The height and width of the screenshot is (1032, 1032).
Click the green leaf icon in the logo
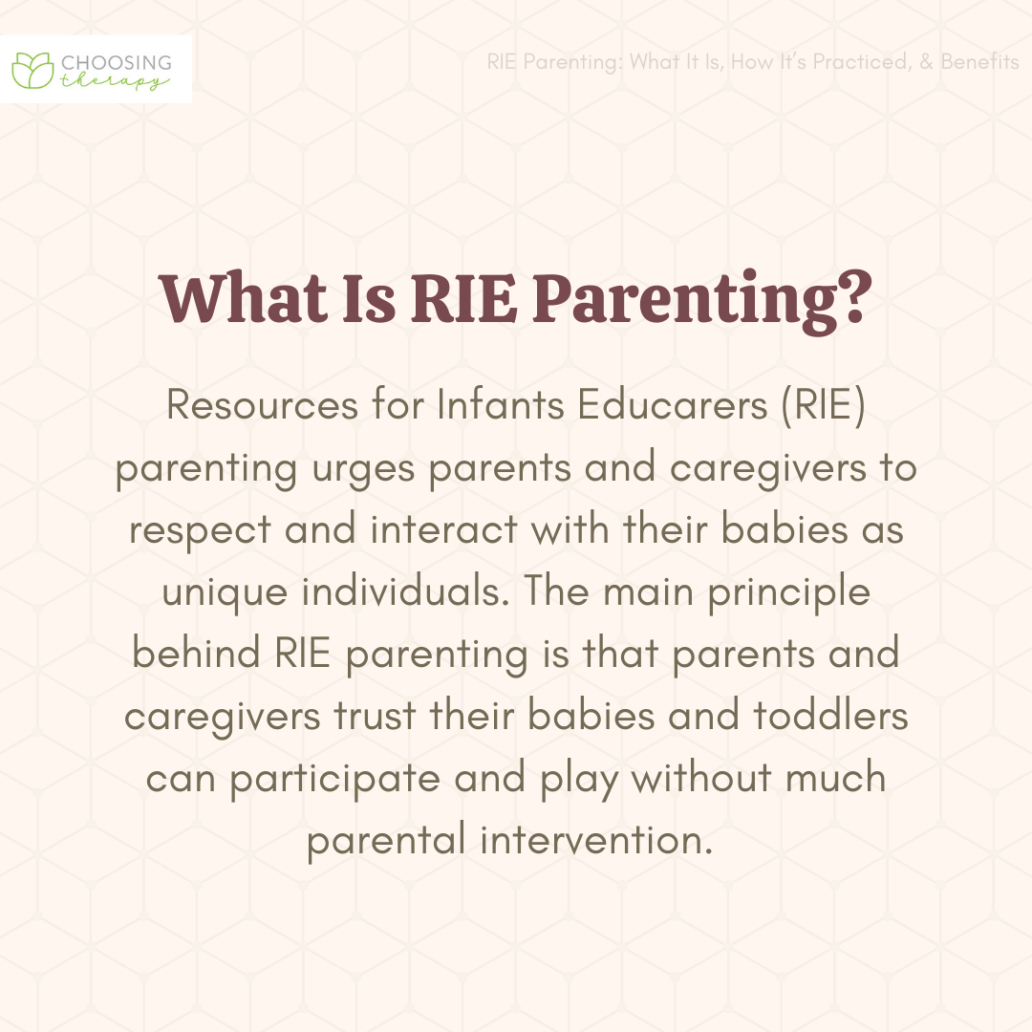coord(32,70)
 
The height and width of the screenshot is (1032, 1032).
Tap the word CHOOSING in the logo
coord(117,62)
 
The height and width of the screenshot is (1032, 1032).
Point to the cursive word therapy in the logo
coord(115,81)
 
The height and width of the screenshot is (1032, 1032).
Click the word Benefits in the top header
coord(980,61)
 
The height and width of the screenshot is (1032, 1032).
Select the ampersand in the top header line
coord(927,61)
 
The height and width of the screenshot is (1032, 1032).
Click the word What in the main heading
coord(245,297)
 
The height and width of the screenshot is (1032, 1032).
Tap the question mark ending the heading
coord(855,297)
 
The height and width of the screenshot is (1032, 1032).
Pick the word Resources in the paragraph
coord(262,404)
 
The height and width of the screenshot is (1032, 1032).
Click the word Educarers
coord(673,404)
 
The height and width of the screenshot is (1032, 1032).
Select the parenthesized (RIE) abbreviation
coord(824,405)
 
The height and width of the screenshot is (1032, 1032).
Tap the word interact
coord(444,529)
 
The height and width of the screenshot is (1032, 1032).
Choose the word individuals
coord(405,591)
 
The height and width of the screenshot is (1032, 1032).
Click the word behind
coord(196,653)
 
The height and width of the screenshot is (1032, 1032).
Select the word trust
coord(376,716)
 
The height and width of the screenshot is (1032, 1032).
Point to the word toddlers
coord(830,715)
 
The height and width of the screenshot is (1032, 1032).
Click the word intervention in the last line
coord(596,840)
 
